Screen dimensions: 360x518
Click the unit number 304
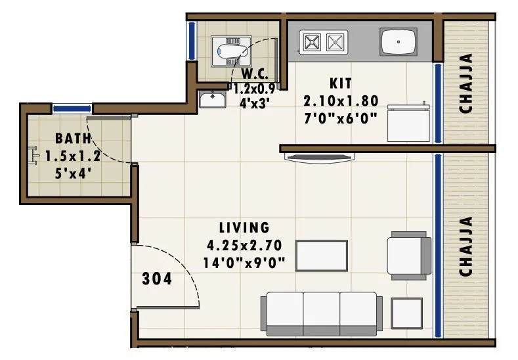(x=157, y=279)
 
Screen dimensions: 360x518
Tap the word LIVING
(x=244, y=228)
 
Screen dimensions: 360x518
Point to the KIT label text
(x=341, y=83)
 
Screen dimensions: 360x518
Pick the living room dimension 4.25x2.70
(x=244, y=246)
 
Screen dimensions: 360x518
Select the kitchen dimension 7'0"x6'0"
(x=341, y=118)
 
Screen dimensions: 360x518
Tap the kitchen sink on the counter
(x=399, y=42)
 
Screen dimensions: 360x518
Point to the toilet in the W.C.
(x=230, y=51)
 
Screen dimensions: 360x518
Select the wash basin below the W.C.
(x=213, y=100)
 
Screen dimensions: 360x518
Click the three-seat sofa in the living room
(x=322, y=313)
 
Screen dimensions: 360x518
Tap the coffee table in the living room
(x=322, y=255)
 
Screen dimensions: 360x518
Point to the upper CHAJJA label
(x=467, y=83)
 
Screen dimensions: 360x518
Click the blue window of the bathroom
(x=72, y=108)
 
